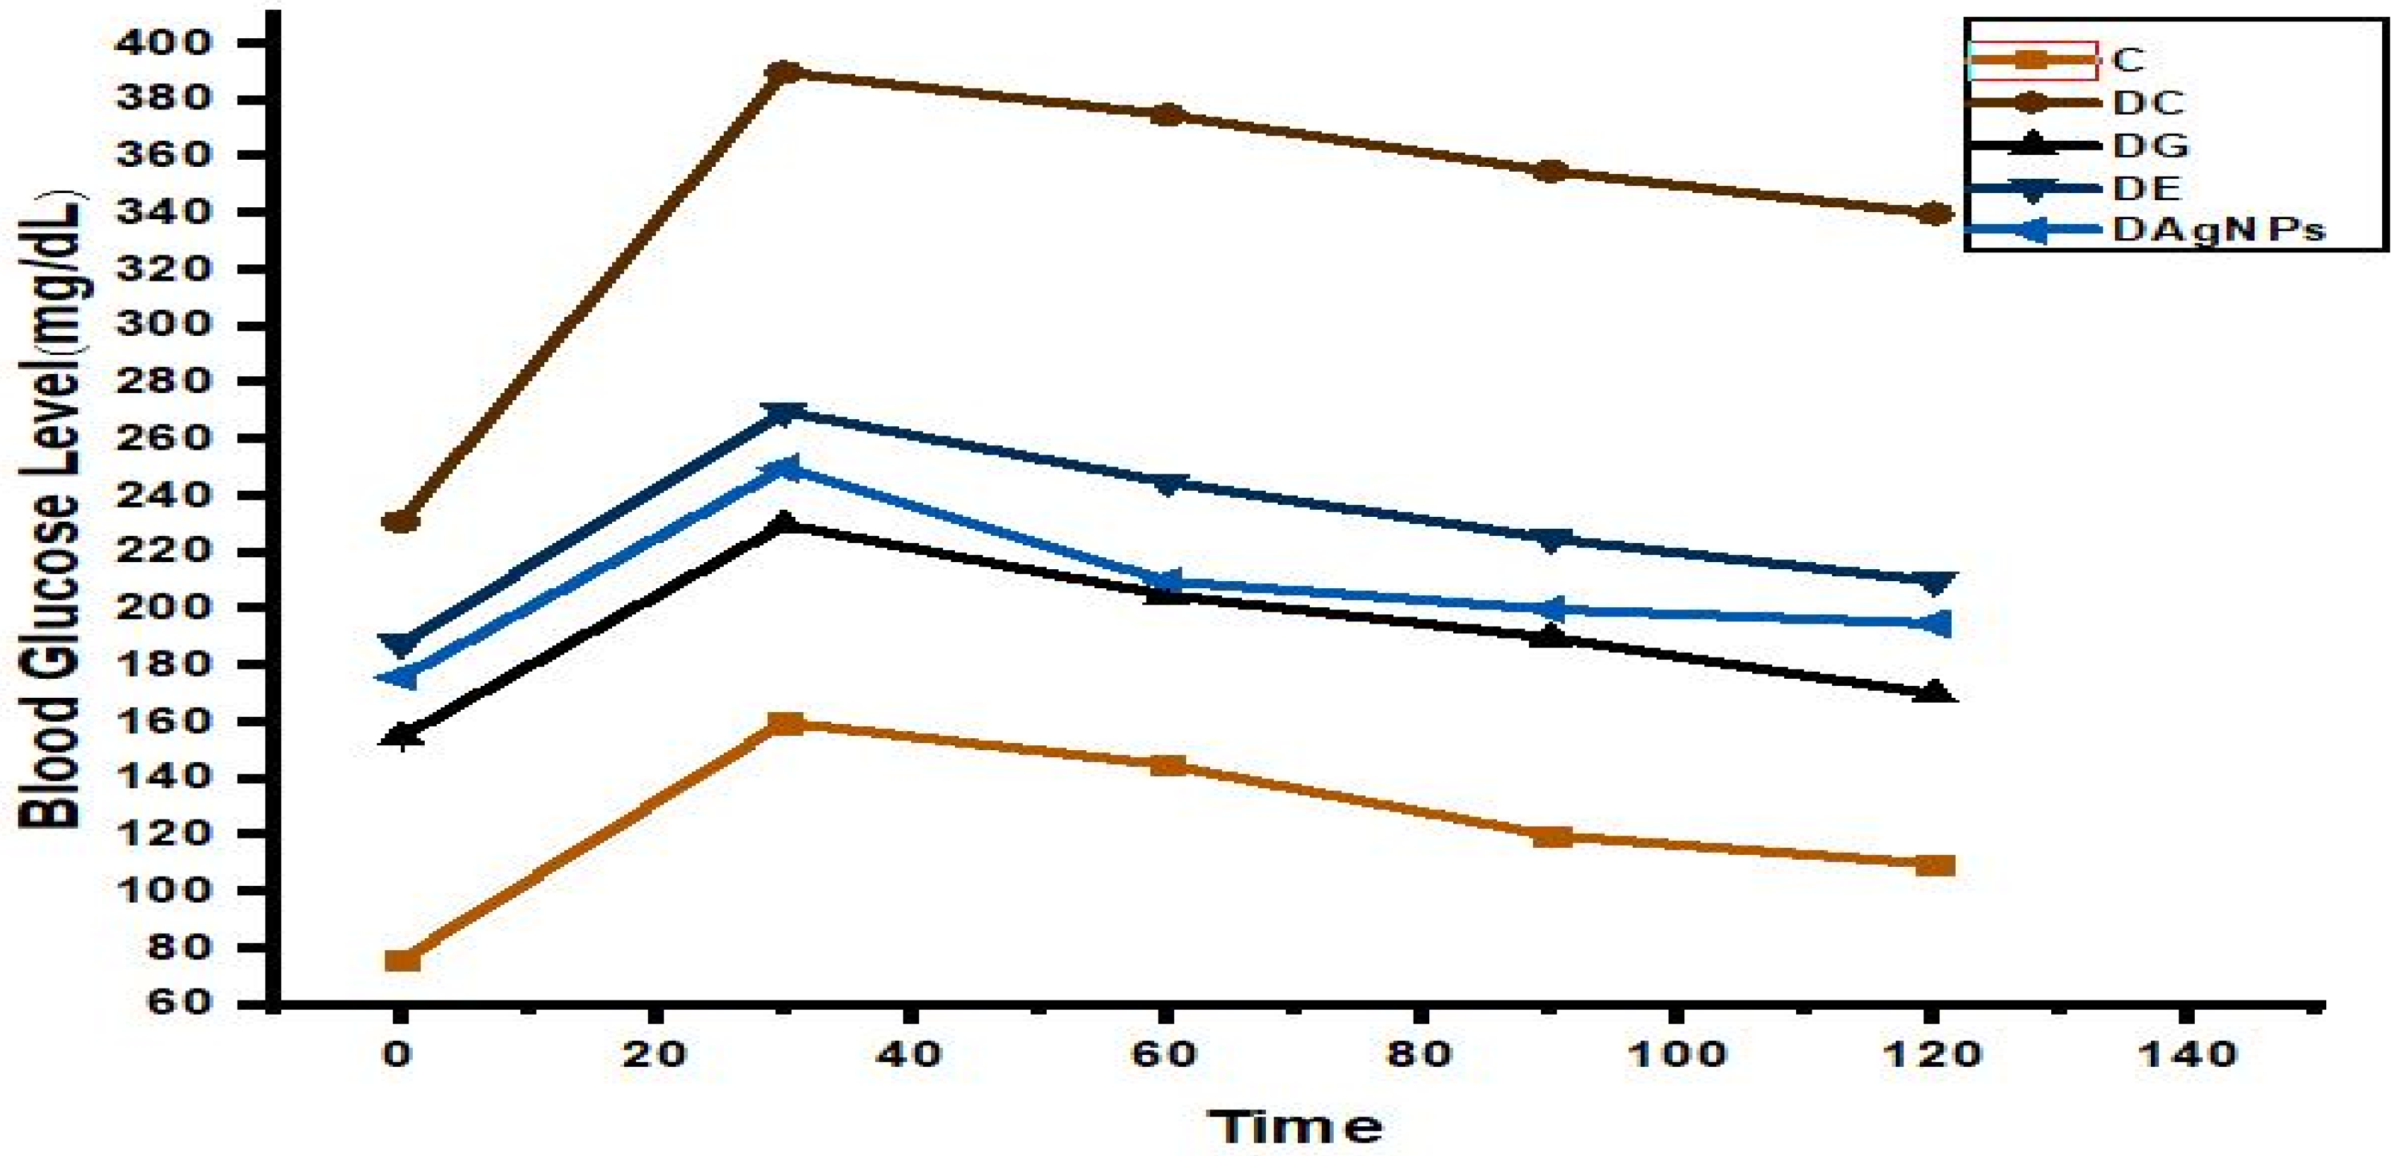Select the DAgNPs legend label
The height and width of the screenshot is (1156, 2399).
point(2217,229)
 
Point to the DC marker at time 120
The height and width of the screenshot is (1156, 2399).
point(1935,214)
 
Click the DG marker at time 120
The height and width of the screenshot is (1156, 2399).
point(1935,692)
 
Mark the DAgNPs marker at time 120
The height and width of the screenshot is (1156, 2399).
point(1935,623)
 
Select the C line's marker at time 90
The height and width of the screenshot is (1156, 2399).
point(1551,836)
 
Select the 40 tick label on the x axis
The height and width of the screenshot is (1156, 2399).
point(912,1053)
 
